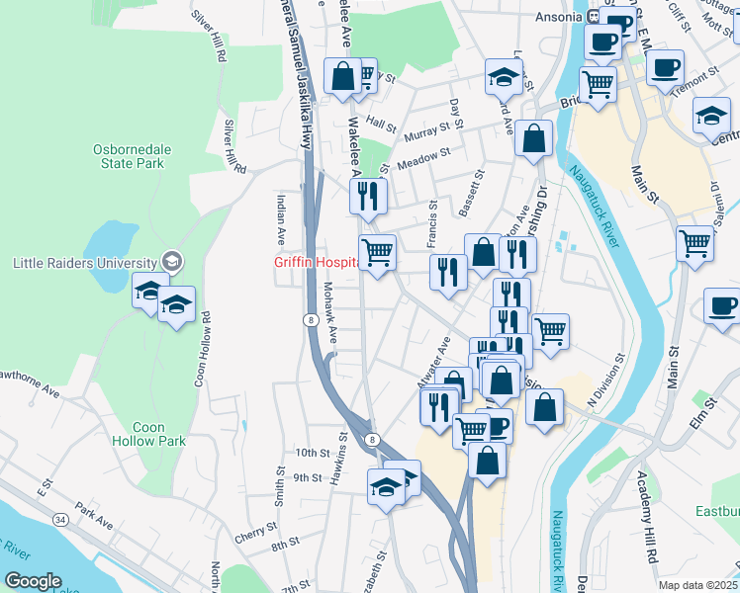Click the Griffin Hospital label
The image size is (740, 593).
[316, 263]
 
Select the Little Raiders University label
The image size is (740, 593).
[84, 263]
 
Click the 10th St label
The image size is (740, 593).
[312, 453]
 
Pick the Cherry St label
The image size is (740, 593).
[253, 536]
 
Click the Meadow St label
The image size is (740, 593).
[424, 158]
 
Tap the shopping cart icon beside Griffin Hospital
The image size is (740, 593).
[377, 253]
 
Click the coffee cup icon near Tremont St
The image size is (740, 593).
[666, 68]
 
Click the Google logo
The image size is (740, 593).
[33, 581]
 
